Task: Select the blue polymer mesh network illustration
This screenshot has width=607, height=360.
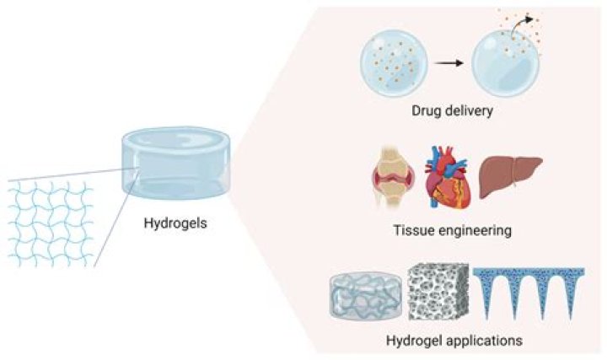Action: [x=46, y=222]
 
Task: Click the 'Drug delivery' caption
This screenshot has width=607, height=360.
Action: [x=452, y=111]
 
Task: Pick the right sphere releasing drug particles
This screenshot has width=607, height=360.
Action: [x=502, y=66]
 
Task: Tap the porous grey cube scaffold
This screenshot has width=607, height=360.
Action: [x=436, y=297]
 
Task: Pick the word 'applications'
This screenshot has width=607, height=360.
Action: [x=475, y=341]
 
